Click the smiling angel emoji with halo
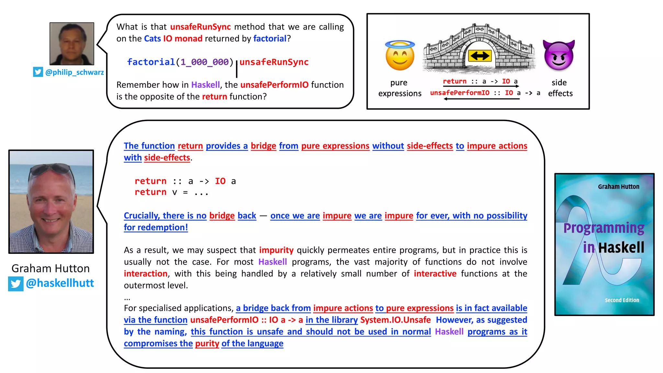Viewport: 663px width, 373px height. [400, 56]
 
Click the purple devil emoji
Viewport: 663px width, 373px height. [559, 55]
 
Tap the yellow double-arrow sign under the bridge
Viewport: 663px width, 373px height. [480, 56]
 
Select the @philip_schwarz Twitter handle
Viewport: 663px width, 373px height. [74, 72]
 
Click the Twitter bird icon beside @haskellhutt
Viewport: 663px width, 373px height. [16, 284]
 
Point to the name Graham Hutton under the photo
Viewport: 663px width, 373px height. [51, 268]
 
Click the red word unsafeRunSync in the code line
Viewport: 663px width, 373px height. [274, 62]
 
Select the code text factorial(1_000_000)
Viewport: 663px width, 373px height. [180, 62]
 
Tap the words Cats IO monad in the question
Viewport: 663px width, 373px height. [173, 39]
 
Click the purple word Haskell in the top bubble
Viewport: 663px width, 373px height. [205, 85]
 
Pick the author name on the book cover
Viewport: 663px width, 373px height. [618, 186]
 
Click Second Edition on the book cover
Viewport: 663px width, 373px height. [622, 300]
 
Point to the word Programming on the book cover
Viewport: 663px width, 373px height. [604, 228]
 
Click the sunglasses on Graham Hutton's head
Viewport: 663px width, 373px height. [52, 168]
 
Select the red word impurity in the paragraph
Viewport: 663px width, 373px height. [276, 250]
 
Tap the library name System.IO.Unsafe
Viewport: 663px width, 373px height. [395, 320]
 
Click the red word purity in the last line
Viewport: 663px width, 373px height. [207, 344]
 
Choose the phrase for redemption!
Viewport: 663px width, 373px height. [156, 227]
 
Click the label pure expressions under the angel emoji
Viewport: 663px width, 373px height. [399, 88]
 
